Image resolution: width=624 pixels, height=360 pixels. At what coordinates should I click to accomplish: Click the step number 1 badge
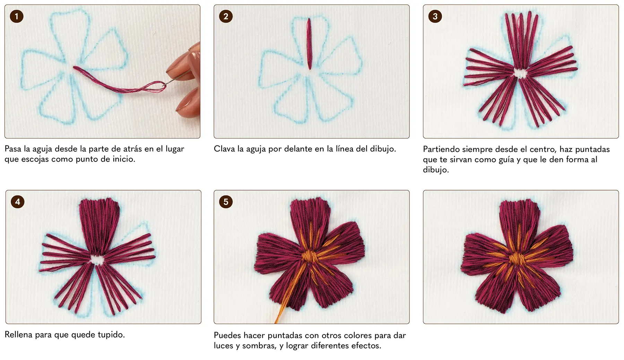(17, 16)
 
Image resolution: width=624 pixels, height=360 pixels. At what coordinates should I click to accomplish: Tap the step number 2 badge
(226, 16)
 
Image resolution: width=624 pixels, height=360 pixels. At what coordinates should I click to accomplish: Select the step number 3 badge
(435, 16)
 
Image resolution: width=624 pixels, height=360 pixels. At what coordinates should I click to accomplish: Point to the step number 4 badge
(18, 202)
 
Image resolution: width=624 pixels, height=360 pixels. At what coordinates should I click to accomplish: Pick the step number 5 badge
(226, 202)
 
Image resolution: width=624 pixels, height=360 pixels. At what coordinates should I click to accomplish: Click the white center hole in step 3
(520, 73)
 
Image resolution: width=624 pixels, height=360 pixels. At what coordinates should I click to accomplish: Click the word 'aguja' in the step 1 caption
(43, 149)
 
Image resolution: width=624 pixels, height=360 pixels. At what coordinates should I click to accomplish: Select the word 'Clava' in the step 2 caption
(225, 149)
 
